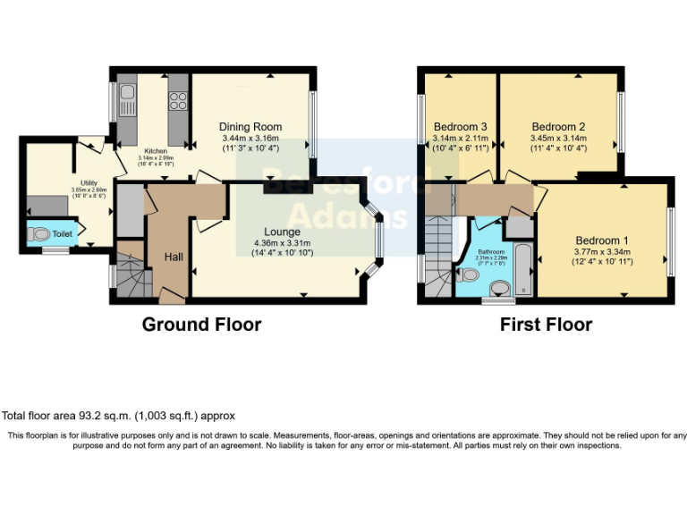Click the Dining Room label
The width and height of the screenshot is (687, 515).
point(251,127)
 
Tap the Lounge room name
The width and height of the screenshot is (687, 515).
point(281,232)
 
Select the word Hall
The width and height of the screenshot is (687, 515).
point(174,257)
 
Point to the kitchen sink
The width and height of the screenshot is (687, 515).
point(127,95)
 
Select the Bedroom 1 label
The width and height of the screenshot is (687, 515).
point(601,241)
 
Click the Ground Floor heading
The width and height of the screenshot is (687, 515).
point(201,325)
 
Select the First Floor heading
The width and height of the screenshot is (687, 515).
point(546,325)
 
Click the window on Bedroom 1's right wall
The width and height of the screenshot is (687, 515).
point(669,240)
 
